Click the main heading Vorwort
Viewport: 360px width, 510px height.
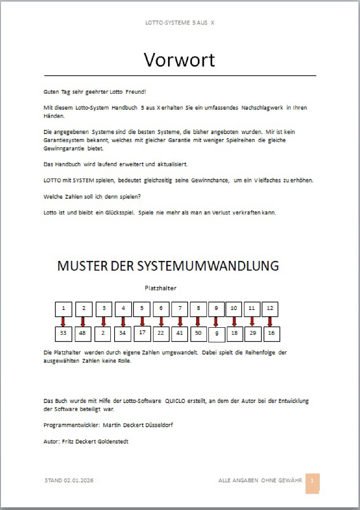180,60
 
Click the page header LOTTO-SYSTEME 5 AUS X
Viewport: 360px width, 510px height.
180,22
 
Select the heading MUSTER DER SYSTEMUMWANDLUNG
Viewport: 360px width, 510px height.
168,266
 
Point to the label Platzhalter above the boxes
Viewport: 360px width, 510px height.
161,287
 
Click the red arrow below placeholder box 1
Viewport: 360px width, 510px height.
63,322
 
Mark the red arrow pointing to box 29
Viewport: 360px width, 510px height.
252,322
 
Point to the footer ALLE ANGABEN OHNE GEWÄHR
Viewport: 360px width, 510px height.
260,480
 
